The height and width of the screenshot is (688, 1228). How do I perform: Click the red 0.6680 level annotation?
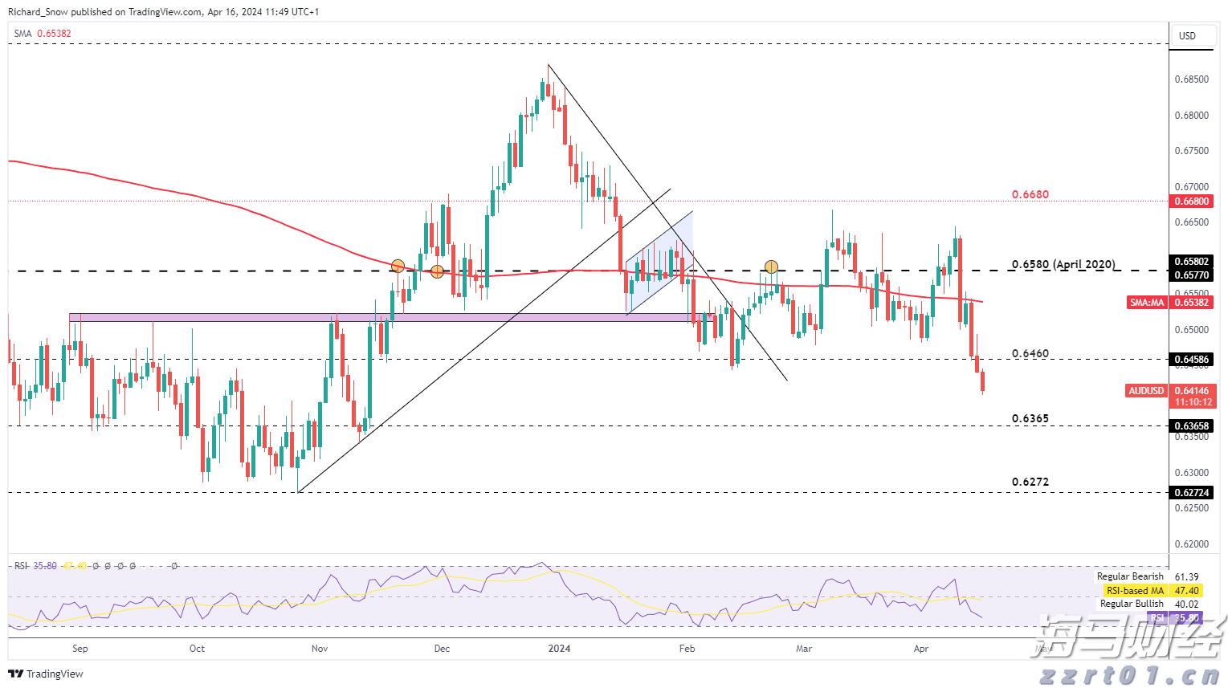click(1030, 194)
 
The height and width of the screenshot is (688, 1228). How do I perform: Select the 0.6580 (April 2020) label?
click(1063, 264)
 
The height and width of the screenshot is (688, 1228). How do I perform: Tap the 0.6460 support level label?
click(1030, 353)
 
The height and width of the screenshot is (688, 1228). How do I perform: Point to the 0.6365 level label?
click(1030, 418)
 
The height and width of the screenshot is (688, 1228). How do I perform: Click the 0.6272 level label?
click(1030, 482)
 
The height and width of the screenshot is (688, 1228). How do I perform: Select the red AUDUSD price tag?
click(1146, 391)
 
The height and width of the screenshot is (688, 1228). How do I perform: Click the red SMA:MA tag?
click(1147, 303)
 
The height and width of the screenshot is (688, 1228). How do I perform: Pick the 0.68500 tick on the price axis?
click(1191, 79)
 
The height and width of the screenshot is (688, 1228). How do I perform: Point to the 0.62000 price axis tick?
click(1191, 544)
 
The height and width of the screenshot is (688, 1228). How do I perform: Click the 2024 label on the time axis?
click(559, 649)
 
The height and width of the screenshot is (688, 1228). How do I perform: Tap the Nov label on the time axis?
click(320, 649)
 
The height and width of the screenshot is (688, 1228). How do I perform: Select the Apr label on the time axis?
click(921, 649)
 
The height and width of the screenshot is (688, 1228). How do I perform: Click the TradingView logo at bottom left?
click(46, 674)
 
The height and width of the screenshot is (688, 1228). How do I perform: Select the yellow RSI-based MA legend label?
click(1135, 591)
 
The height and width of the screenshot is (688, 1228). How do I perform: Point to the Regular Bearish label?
click(1130, 576)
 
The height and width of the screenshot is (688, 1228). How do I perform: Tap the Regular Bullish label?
click(1132, 604)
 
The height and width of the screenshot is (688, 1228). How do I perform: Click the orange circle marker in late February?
click(771, 267)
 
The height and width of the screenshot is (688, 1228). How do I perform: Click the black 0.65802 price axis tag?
click(1192, 262)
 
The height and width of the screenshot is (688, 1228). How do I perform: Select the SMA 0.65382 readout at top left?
click(43, 34)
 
